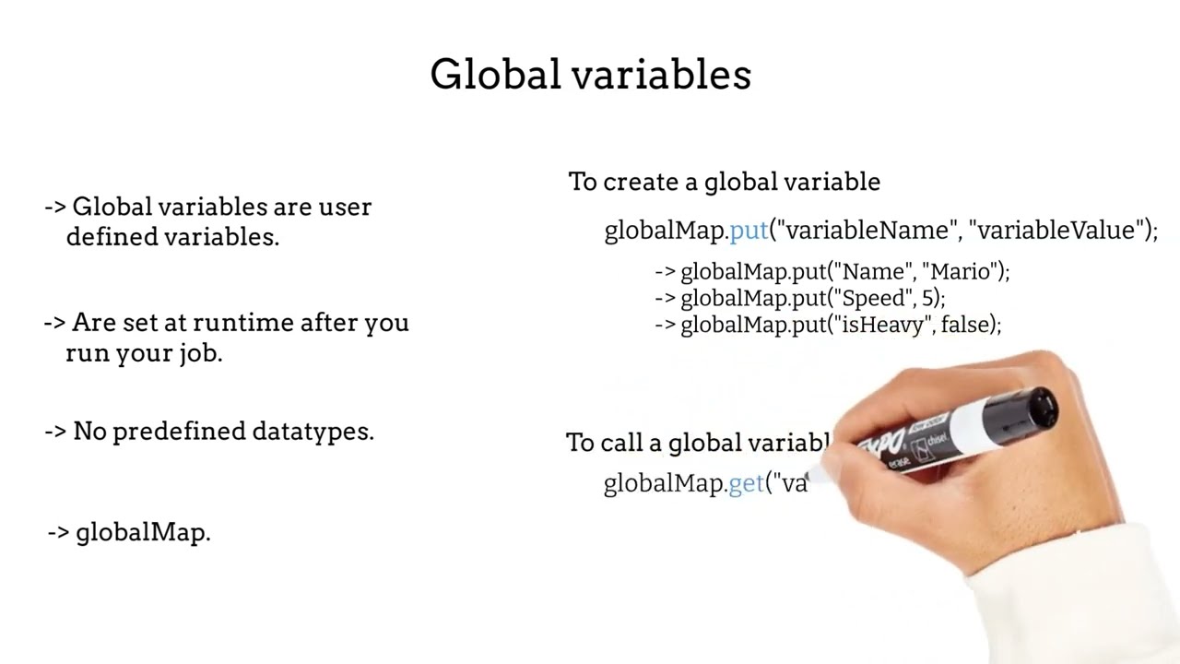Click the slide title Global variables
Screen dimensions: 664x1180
coord(590,75)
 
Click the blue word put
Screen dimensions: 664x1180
coord(749,231)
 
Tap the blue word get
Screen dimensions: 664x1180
coord(747,483)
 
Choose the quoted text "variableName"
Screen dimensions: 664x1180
coord(863,231)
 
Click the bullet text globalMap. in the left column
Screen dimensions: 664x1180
coord(143,532)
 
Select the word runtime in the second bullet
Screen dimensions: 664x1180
coord(247,323)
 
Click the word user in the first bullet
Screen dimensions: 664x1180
coord(345,207)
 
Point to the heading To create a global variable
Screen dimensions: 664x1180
coord(724,182)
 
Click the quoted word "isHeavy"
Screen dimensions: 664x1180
coord(879,325)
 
